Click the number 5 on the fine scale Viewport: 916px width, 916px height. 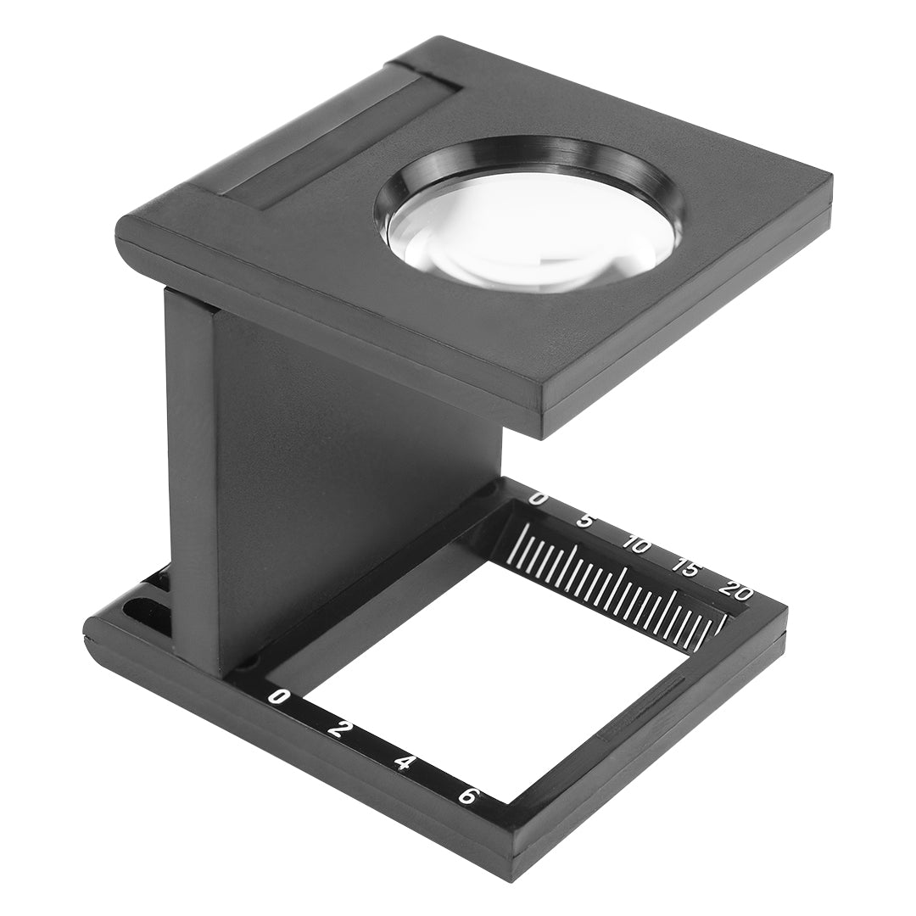click(x=584, y=519)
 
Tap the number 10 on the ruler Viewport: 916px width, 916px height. click(x=636, y=544)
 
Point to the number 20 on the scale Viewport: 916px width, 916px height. click(x=734, y=589)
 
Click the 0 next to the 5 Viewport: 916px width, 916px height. click(x=537, y=498)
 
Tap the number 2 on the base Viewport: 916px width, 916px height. click(x=335, y=729)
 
